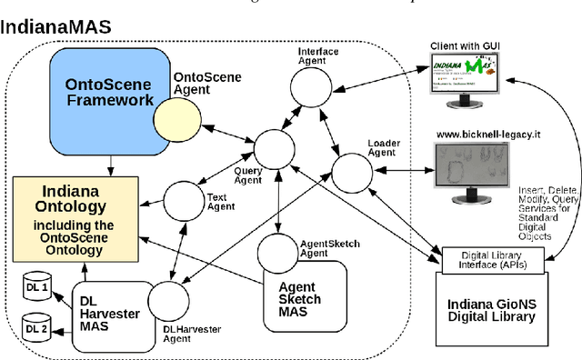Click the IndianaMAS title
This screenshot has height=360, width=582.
55,26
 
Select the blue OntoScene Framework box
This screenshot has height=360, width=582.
109,91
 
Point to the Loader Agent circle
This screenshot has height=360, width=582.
351,170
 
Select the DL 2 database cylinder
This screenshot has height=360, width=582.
35,327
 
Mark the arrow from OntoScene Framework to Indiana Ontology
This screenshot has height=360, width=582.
110,165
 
